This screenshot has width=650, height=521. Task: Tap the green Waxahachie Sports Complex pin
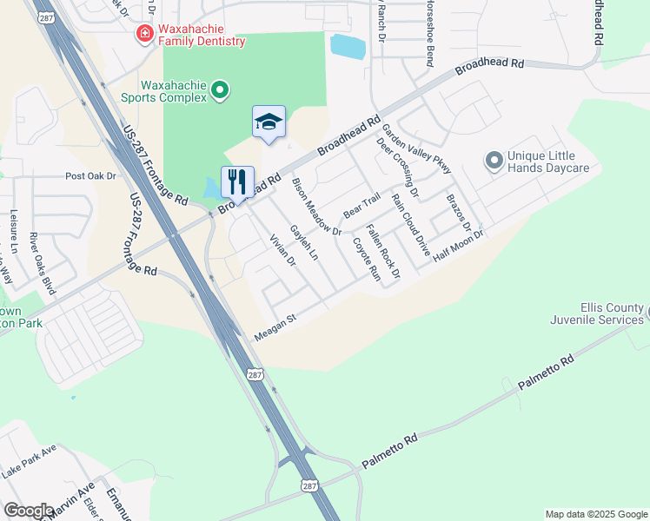(221, 89)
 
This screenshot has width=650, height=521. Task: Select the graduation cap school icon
(269, 122)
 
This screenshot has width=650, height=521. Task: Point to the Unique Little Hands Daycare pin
(494, 161)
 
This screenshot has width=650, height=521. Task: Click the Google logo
(29, 511)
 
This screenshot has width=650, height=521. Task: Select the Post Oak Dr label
(90, 176)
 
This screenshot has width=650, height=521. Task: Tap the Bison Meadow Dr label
(316, 206)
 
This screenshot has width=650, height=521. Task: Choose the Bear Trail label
(361, 206)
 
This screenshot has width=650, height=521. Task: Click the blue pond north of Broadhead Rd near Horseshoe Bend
(348, 47)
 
